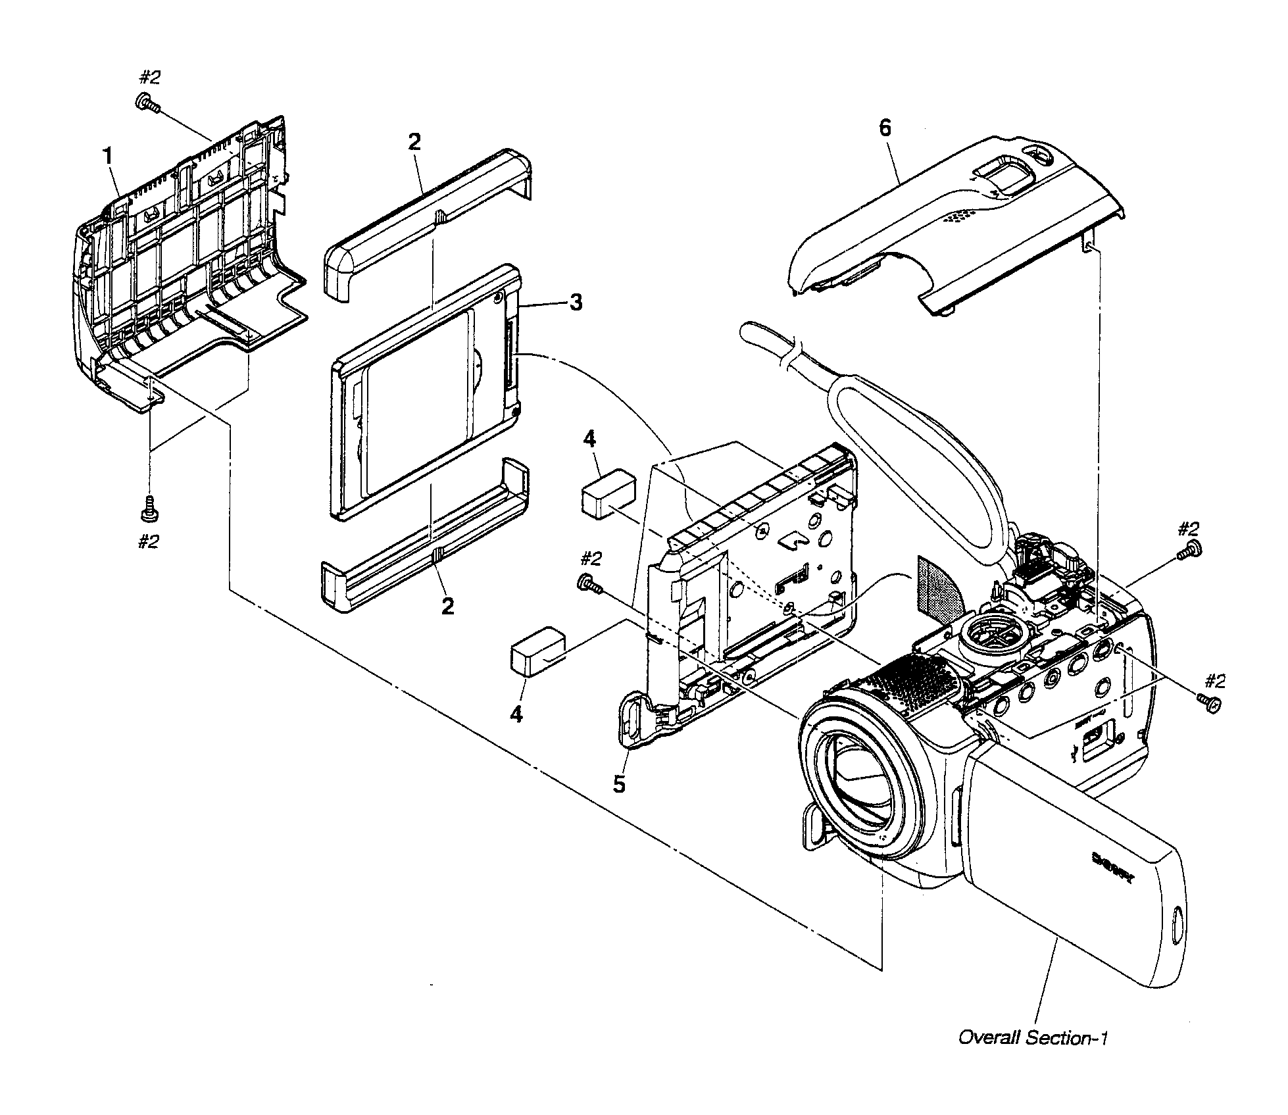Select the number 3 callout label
(x=575, y=303)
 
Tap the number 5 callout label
(x=619, y=785)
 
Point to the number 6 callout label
(x=885, y=128)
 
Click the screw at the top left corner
(x=147, y=104)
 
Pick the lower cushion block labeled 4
(x=538, y=651)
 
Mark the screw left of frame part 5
(x=587, y=583)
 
